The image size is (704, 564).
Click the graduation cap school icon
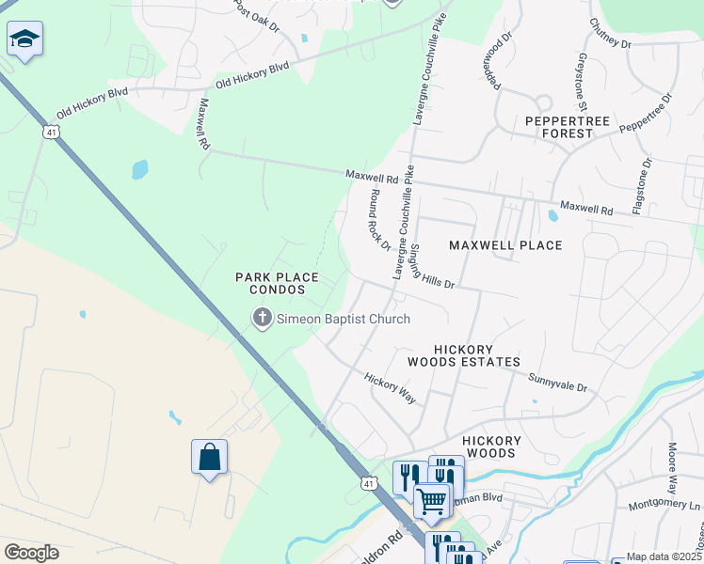click(x=25, y=39)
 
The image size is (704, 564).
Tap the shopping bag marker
click(x=209, y=458)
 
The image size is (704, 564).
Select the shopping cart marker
click(x=432, y=500)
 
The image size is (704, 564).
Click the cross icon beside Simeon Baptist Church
click(x=262, y=320)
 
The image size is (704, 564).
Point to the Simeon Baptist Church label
click(x=343, y=320)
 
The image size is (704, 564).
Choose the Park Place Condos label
click(x=277, y=283)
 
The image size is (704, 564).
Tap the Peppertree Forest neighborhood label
click(x=559, y=127)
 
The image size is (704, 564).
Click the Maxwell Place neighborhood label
click(x=505, y=245)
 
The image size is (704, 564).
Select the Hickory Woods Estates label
click(x=464, y=354)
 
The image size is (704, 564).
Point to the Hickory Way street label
click(x=391, y=388)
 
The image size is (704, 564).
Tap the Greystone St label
click(x=575, y=79)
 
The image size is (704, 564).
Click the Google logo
click(x=31, y=553)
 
